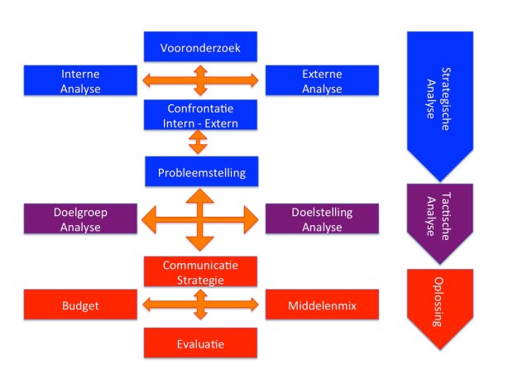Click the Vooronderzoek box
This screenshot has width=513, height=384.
pos(199,46)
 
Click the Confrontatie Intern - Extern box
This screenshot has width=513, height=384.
pos(199,115)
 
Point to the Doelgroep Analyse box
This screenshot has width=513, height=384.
pos(80,219)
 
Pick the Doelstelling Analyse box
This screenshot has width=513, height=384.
pos(322,219)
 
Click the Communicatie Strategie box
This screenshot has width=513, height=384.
pos(199,271)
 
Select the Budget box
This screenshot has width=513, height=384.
pos(80,305)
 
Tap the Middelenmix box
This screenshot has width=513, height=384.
pos(322,305)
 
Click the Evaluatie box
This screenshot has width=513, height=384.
pos(199,341)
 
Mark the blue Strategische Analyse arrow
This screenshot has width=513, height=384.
pos(439,95)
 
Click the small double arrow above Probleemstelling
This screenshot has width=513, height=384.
pos(199,142)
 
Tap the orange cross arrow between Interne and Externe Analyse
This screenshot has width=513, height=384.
pos(199,81)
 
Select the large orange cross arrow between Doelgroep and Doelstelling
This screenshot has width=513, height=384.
pos(199,220)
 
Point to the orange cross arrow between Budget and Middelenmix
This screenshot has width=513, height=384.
pos(199,305)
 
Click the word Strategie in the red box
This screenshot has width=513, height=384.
pos(199,280)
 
